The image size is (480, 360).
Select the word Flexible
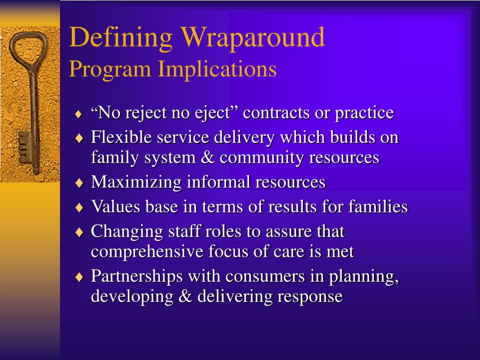coord(121,137)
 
